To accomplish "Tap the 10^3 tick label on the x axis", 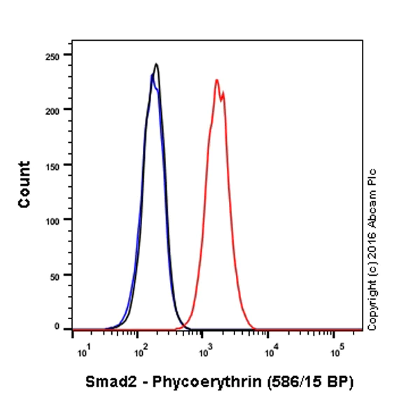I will pos(204,349).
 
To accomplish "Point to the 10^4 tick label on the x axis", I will pos(269,349).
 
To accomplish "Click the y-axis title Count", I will pos(24,184).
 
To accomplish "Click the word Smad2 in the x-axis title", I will pos(106,382).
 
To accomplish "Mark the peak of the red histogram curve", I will pos(217,80).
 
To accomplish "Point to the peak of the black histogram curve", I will pos(156,64).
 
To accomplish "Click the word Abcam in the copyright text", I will pos(372,202).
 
